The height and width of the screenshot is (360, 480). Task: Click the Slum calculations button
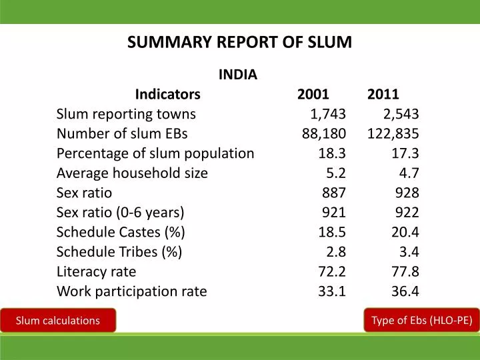click(x=58, y=321)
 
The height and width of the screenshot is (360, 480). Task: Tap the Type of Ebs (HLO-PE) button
click(x=421, y=320)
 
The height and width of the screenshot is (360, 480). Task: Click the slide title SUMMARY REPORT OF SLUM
click(x=239, y=42)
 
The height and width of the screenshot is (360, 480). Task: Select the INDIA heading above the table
click(x=238, y=75)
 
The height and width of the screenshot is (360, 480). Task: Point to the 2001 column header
click(x=313, y=94)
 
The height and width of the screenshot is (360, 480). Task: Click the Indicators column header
click(x=167, y=94)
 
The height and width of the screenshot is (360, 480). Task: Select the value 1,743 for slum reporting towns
click(x=328, y=114)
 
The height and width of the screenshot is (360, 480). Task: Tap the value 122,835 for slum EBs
click(x=393, y=133)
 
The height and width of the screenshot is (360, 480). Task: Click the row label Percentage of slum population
click(x=155, y=153)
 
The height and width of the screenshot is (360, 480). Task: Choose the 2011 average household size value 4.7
click(x=409, y=173)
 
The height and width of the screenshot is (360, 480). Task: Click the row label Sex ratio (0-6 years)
click(x=120, y=213)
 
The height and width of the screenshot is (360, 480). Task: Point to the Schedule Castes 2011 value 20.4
click(x=405, y=232)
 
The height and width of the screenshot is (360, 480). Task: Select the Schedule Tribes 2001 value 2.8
click(x=337, y=252)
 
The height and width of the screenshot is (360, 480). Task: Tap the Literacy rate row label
click(x=96, y=271)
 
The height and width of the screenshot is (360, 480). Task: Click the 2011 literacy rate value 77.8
click(x=405, y=271)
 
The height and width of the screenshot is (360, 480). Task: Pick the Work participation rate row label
click(x=131, y=291)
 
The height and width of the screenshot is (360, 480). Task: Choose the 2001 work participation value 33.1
click(x=332, y=291)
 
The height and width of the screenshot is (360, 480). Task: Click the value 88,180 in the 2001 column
click(x=323, y=133)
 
